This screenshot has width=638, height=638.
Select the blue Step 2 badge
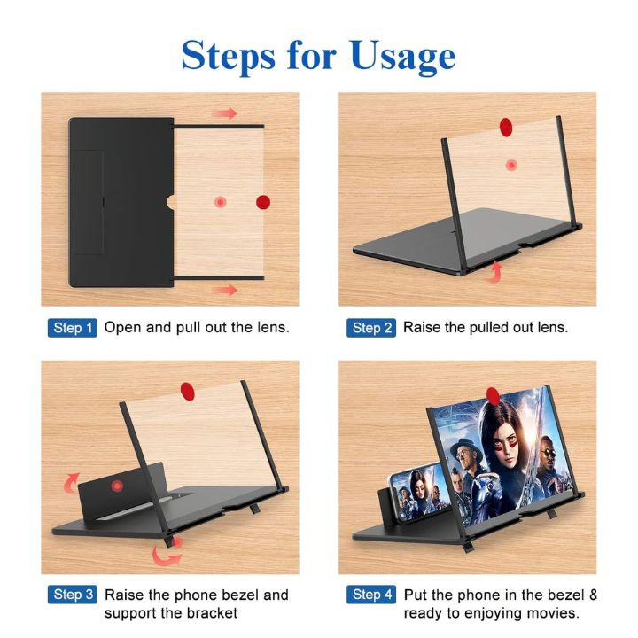pos(371,328)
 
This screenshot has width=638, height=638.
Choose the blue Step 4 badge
pos(371,595)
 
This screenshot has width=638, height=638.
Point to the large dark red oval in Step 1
pos(263,202)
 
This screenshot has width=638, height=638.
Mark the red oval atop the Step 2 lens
pos(506,125)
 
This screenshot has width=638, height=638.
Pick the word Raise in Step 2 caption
pos(423,328)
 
